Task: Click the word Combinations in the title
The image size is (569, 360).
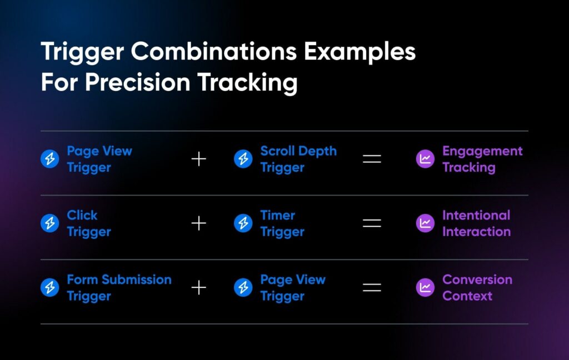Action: (214, 51)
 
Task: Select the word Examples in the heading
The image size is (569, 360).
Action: (360, 52)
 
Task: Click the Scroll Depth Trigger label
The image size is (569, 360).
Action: (298, 159)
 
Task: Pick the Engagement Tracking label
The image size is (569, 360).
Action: (482, 159)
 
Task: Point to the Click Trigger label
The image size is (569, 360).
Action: (89, 223)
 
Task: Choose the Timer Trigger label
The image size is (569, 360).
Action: (282, 223)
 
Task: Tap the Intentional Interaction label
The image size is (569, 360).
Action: (476, 223)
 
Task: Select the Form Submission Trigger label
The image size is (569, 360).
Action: (119, 287)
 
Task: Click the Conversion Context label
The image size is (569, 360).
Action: (477, 287)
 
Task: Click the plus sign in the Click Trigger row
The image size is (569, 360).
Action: (199, 223)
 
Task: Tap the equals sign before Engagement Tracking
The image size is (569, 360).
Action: (372, 159)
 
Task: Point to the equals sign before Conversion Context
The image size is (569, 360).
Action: (372, 288)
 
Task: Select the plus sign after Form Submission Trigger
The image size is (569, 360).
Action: (199, 288)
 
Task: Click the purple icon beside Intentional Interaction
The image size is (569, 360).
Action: (425, 223)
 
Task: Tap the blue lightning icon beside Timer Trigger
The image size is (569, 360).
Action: (243, 223)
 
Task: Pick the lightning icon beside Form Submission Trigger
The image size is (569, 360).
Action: (49, 287)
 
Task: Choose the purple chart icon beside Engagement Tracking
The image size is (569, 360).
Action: (425, 159)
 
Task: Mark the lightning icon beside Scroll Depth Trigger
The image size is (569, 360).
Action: (243, 159)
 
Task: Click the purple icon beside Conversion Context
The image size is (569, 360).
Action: (425, 287)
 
